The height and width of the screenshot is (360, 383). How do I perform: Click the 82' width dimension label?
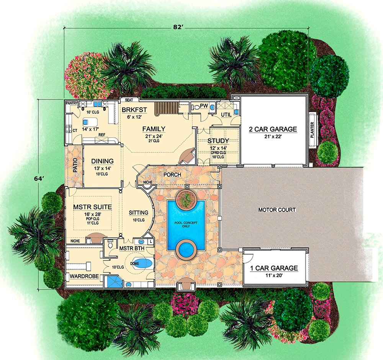(178, 27)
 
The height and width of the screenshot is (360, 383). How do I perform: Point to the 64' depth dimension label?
(39, 179)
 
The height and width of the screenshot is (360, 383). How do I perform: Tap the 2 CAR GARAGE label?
(273, 129)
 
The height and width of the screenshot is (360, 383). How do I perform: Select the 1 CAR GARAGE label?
(274, 268)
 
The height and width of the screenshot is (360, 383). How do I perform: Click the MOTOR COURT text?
(277, 210)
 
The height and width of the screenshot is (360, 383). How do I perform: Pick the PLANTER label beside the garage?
(312, 130)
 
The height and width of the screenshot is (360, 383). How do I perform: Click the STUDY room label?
(218, 141)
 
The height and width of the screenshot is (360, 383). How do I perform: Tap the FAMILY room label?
(154, 129)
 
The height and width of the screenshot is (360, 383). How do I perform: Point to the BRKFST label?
(134, 110)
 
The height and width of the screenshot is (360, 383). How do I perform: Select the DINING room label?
(102, 161)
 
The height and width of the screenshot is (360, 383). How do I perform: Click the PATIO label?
(75, 165)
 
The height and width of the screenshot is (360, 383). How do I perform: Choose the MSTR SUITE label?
(92, 207)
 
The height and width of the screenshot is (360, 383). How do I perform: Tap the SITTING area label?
(139, 213)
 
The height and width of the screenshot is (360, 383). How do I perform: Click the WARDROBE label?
(84, 276)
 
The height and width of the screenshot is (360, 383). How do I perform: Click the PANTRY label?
(72, 103)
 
